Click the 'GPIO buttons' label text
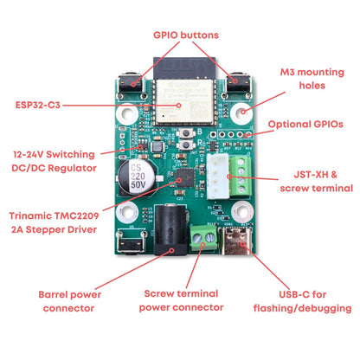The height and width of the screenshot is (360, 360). coord(185,35)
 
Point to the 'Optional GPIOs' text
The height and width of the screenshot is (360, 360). coord(305,125)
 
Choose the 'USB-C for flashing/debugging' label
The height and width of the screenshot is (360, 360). coord(302,299)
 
